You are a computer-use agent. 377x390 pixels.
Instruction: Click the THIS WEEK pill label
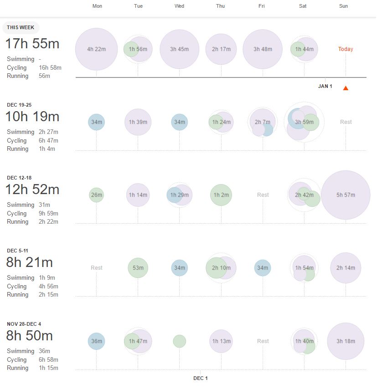(x=21, y=28)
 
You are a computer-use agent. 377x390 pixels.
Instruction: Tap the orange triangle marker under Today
(x=346, y=88)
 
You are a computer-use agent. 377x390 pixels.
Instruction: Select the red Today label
(x=346, y=49)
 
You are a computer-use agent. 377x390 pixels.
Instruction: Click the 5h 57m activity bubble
(x=346, y=195)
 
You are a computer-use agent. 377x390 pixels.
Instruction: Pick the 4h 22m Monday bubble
(x=96, y=49)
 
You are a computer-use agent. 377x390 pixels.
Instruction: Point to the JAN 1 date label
(x=325, y=86)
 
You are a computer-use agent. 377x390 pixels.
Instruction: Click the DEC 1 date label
(x=201, y=378)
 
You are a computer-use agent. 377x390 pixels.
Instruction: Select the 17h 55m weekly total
(x=32, y=44)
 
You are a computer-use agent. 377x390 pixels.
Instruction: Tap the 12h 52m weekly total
(x=32, y=190)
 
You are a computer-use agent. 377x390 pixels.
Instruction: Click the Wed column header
(x=180, y=6)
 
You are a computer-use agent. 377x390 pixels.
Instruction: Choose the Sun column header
(x=344, y=6)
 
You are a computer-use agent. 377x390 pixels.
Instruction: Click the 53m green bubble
(x=138, y=268)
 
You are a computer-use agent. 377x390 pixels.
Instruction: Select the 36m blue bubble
(x=96, y=341)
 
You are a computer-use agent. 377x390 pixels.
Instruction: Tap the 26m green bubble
(x=96, y=195)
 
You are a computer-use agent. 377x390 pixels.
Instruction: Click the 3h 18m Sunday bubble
(x=346, y=341)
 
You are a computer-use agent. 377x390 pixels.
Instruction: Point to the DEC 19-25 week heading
(x=19, y=105)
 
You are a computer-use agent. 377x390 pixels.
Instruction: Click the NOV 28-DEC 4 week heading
(x=27, y=324)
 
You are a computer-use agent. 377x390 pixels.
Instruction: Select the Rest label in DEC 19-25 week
(x=346, y=122)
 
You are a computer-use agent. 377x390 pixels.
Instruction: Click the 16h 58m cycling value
(x=50, y=68)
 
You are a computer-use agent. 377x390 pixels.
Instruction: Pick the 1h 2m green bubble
(x=221, y=195)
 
